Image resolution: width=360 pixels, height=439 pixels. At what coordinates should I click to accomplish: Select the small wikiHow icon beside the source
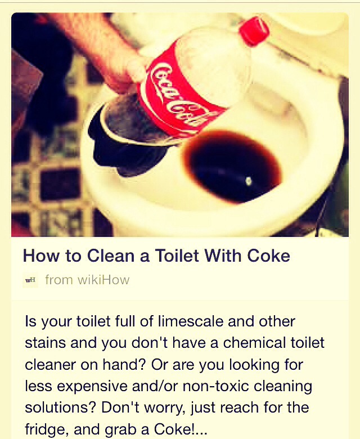click(30, 280)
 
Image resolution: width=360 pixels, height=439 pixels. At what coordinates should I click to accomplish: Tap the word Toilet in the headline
click(167, 257)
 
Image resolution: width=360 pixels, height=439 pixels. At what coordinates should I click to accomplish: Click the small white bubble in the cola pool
click(248, 181)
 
